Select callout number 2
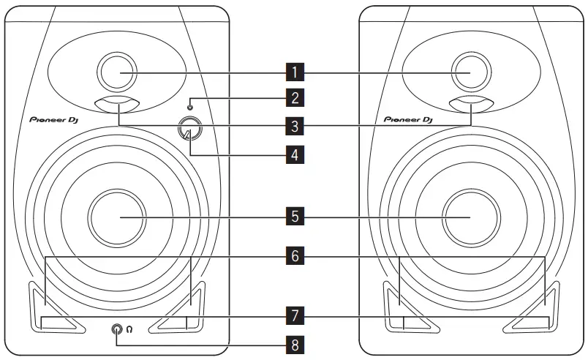[294, 97]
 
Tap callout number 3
[294, 126]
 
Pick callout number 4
[294, 154]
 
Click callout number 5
[294, 217]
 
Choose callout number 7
[294, 316]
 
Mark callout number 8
[294, 342]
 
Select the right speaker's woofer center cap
[471, 217]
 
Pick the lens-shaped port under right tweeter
[471, 103]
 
